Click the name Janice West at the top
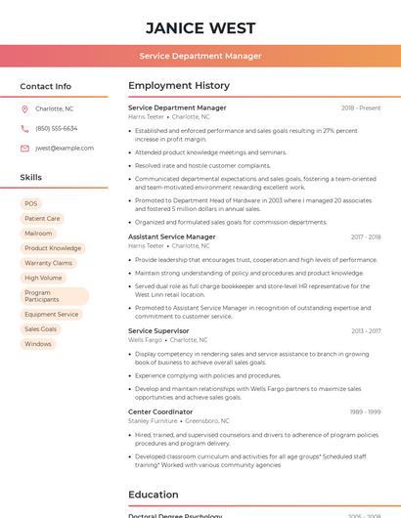click(200, 28)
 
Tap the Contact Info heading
click(45, 86)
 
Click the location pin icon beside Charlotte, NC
click(24, 109)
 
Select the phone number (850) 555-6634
click(57, 128)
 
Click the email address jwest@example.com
click(65, 148)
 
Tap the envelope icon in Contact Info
click(24, 148)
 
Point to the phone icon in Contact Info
click(24, 128)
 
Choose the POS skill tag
click(31, 203)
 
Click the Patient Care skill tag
click(42, 219)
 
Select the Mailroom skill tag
click(38, 234)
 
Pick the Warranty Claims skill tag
click(48, 263)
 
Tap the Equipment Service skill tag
click(52, 315)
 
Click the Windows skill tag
click(38, 344)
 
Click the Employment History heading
click(179, 86)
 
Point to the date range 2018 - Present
click(361, 108)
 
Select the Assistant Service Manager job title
click(171, 237)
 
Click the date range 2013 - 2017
click(366, 331)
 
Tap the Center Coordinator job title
click(160, 411)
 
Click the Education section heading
click(153, 495)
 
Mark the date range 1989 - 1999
click(366, 412)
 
